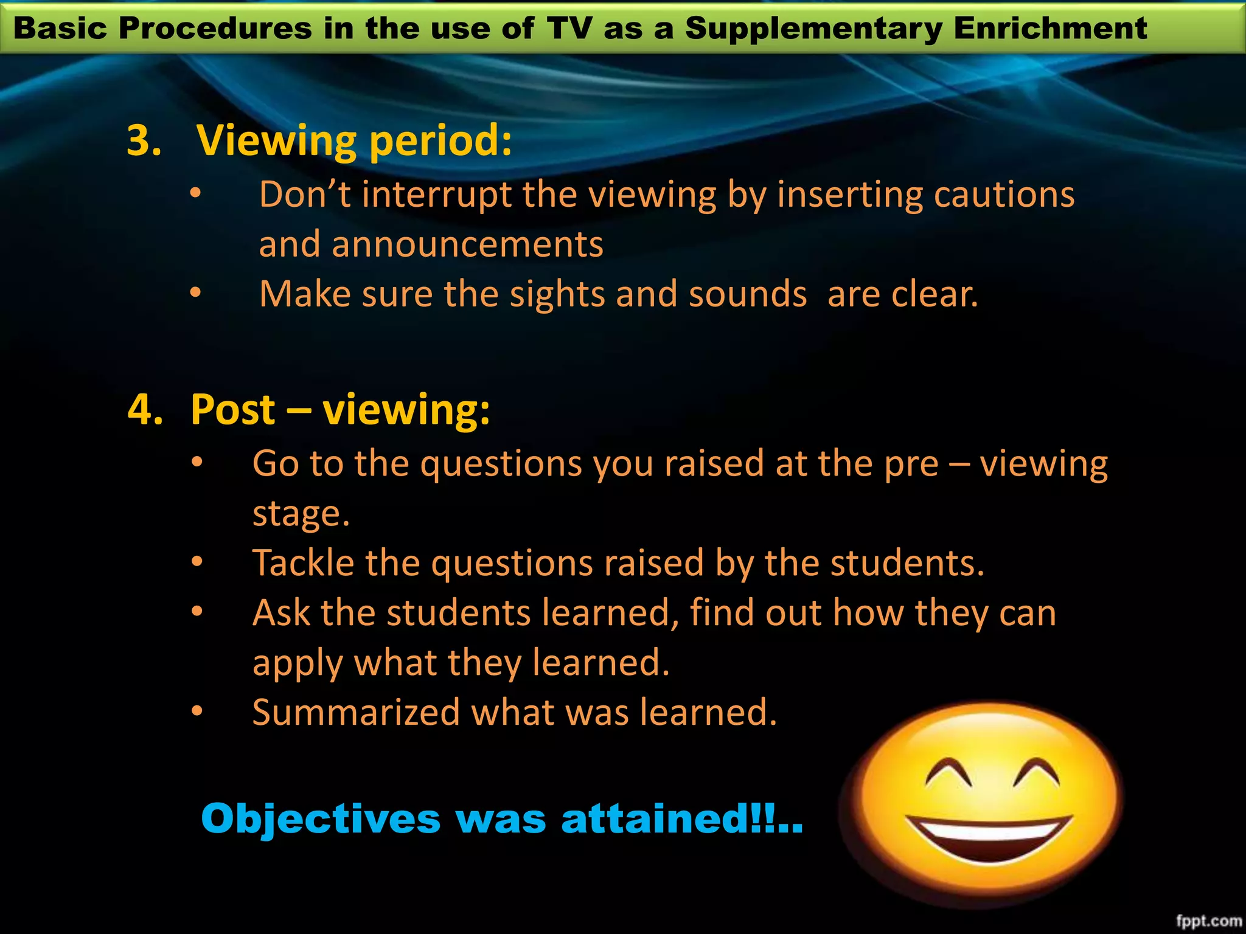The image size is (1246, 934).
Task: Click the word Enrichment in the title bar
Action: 1050,28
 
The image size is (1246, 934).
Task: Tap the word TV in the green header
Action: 569,28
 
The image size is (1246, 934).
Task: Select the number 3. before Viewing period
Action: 144,140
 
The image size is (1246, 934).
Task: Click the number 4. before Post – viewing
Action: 145,409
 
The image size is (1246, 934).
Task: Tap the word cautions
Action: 1004,196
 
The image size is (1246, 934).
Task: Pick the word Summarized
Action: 356,712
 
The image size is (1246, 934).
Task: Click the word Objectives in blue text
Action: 321,818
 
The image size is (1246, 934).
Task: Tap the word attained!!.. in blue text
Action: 682,818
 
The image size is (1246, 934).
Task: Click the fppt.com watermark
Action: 1208,921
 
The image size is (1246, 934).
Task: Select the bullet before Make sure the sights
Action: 195,293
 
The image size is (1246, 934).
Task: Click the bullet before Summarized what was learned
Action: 197,711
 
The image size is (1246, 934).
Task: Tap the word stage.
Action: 301,514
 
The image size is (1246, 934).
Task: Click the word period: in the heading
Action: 440,142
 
